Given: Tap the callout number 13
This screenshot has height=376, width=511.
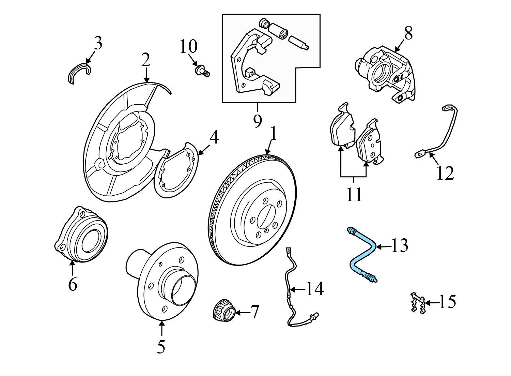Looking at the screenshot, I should (399, 245).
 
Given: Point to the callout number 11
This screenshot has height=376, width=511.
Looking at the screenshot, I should (354, 195).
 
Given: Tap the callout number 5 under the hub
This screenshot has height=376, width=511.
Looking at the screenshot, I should (161, 347).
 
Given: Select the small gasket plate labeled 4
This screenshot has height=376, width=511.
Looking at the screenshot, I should (176, 170).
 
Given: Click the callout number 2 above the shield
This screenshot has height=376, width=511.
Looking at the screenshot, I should (146, 60).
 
